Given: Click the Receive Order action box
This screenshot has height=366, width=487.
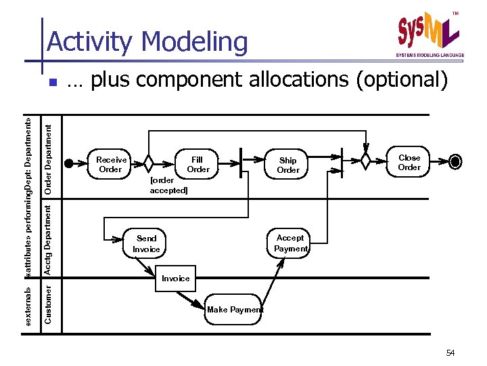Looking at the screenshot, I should (111, 164).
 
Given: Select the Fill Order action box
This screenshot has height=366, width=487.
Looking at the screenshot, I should (198, 164).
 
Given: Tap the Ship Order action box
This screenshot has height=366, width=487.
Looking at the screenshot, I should (288, 165).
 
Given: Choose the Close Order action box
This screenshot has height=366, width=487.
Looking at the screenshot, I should (409, 163).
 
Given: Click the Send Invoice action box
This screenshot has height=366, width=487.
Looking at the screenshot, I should (146, 243).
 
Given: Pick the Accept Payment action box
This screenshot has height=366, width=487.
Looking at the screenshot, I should (290, 243).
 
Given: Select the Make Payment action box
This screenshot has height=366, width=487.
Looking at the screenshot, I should (234, 310).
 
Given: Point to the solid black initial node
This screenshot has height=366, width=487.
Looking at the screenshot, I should (68, 163).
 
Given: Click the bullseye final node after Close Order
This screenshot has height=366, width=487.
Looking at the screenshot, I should (456, 162).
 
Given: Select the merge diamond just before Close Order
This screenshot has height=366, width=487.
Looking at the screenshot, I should (366, 162).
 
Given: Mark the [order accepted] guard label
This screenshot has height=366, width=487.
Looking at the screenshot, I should (168, 186).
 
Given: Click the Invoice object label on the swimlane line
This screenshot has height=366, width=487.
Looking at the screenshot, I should (175, 278).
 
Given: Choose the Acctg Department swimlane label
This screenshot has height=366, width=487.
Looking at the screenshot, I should (48, 239).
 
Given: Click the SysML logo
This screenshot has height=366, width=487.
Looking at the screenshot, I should (429, 33).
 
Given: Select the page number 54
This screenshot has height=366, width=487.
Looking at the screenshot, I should (450, 353).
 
